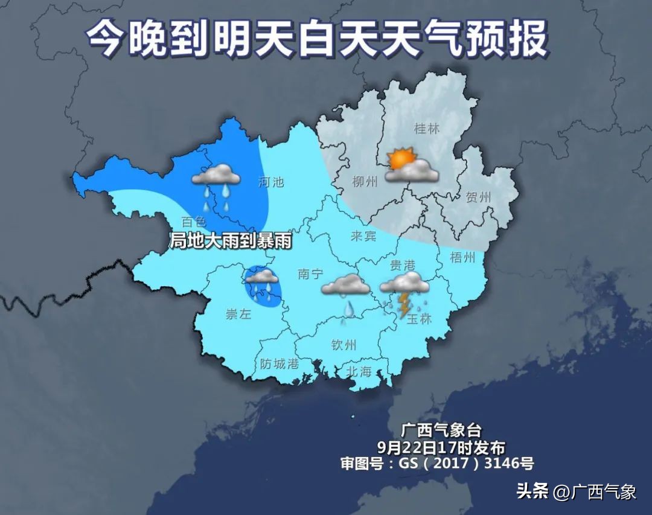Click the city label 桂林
pyautogui.click(x=427, y=129)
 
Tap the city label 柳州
pyautogui.click(x=365, y=181)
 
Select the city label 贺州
pyautogui.click(x=478, y=197)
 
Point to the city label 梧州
pyautogui.click(x=462, y=258)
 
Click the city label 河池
pyautogui.click(x=270, y=181)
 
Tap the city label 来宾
pyautogui.click(x=364, y=235)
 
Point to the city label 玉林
pyautogui.click(x=419, y=319)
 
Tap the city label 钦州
pyautogui.click(x=344, y=345)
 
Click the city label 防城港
pyautogui.click(x=280, y=364)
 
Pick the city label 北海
pyautogui.click(x=359, y=372)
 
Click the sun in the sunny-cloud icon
pyautogui.click(x=400, y=159)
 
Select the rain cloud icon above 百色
pyautogui.click(x=216, y=175)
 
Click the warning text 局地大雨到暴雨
pyautogui.click(x=231, y=242)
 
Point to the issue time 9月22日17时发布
pyautogui.click(x=441, y=447)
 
